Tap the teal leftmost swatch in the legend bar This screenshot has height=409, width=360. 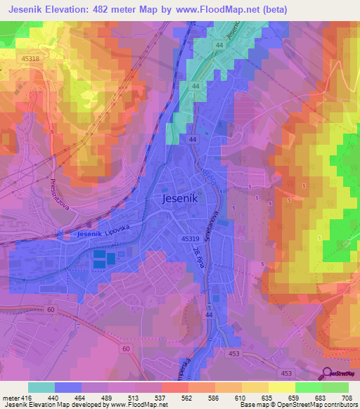(41, 387)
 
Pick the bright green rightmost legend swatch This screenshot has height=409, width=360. (335, 387)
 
